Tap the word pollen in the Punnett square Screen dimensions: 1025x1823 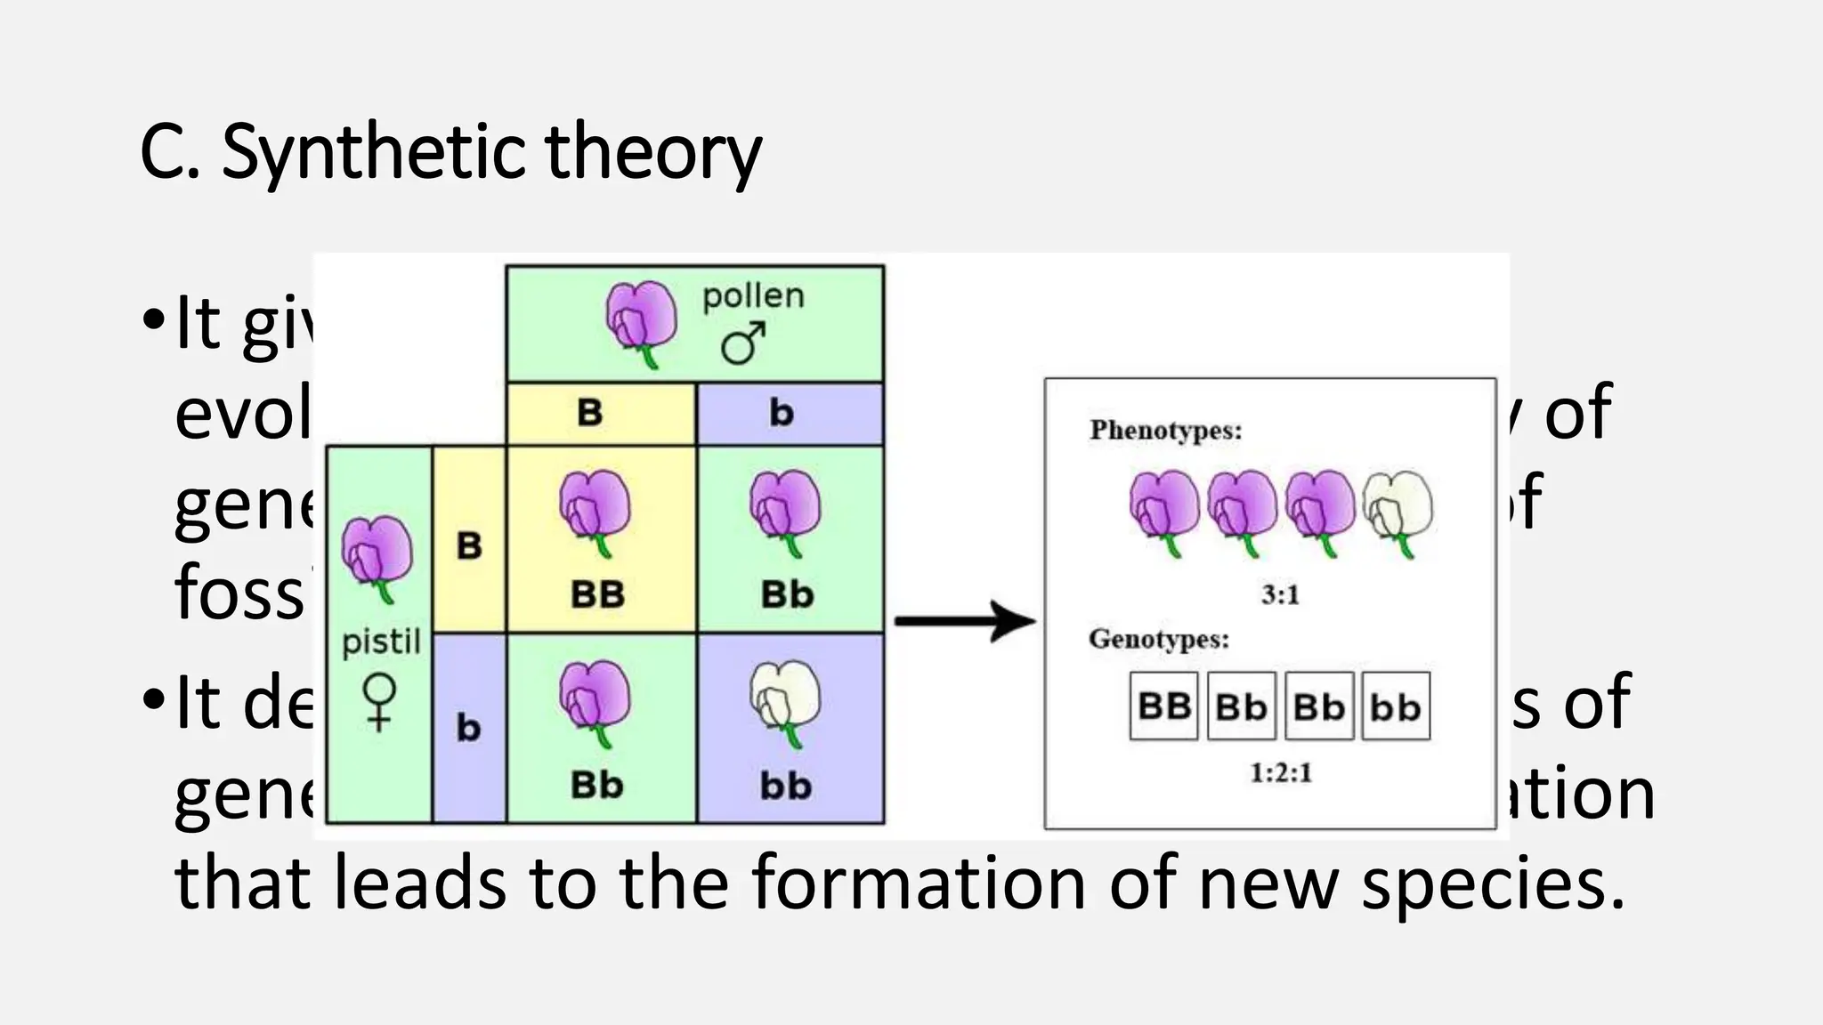(753, 295)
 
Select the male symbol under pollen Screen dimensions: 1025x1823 (743, 343)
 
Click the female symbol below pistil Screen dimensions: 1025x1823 (380, 701)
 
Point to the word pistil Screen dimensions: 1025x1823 (381, 641)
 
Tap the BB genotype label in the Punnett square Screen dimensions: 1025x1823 (597, 594)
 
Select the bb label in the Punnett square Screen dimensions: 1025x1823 (786, 786)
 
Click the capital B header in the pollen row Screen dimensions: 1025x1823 (590, 413)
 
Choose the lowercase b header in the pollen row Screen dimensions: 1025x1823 (781, 413)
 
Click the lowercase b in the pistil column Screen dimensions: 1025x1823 (468, 728)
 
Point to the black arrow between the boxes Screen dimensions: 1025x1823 (966, 620)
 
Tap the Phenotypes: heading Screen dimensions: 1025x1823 (1165, 431)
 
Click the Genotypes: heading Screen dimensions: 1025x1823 (1159, 639)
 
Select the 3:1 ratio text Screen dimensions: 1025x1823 (1280, 594)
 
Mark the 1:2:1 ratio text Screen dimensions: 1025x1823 (1280, 772)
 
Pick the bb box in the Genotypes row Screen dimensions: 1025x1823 (1396, 706)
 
